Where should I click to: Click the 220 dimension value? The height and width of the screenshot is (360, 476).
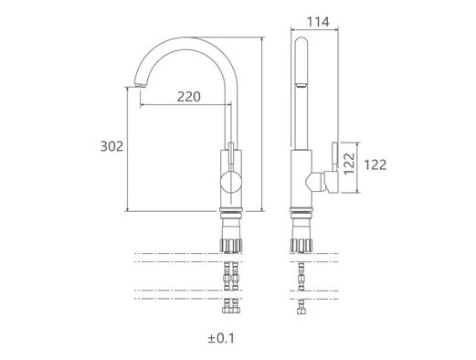[x=189, y=97]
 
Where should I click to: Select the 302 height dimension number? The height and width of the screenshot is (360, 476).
[x=111, y=146]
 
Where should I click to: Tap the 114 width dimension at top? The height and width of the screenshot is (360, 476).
[x=318, y=22]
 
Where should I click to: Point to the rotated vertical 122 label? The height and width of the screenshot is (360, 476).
[x=349, y=164]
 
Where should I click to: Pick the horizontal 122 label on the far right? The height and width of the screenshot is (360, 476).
[x=376, y=164]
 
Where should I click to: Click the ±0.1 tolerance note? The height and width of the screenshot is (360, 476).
[x=221, y=338]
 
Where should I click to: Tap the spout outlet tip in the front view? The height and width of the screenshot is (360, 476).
[x=141, y=86]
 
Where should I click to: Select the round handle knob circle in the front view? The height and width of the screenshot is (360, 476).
[x=231, y=182]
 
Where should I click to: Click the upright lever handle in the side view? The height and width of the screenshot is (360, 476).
[x=334, y=156]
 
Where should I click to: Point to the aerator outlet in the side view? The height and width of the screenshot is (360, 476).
[x=301, y=85]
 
